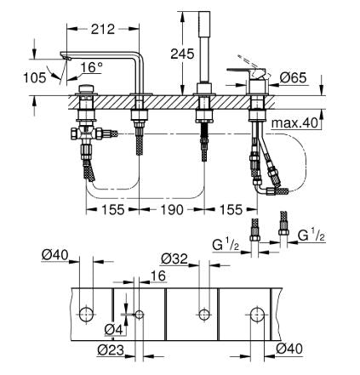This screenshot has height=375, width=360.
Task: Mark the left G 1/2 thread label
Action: pos(226,247)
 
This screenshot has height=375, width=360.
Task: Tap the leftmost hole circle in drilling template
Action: pos(86,315)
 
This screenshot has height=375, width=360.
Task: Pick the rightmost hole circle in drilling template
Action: pos(255,315)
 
